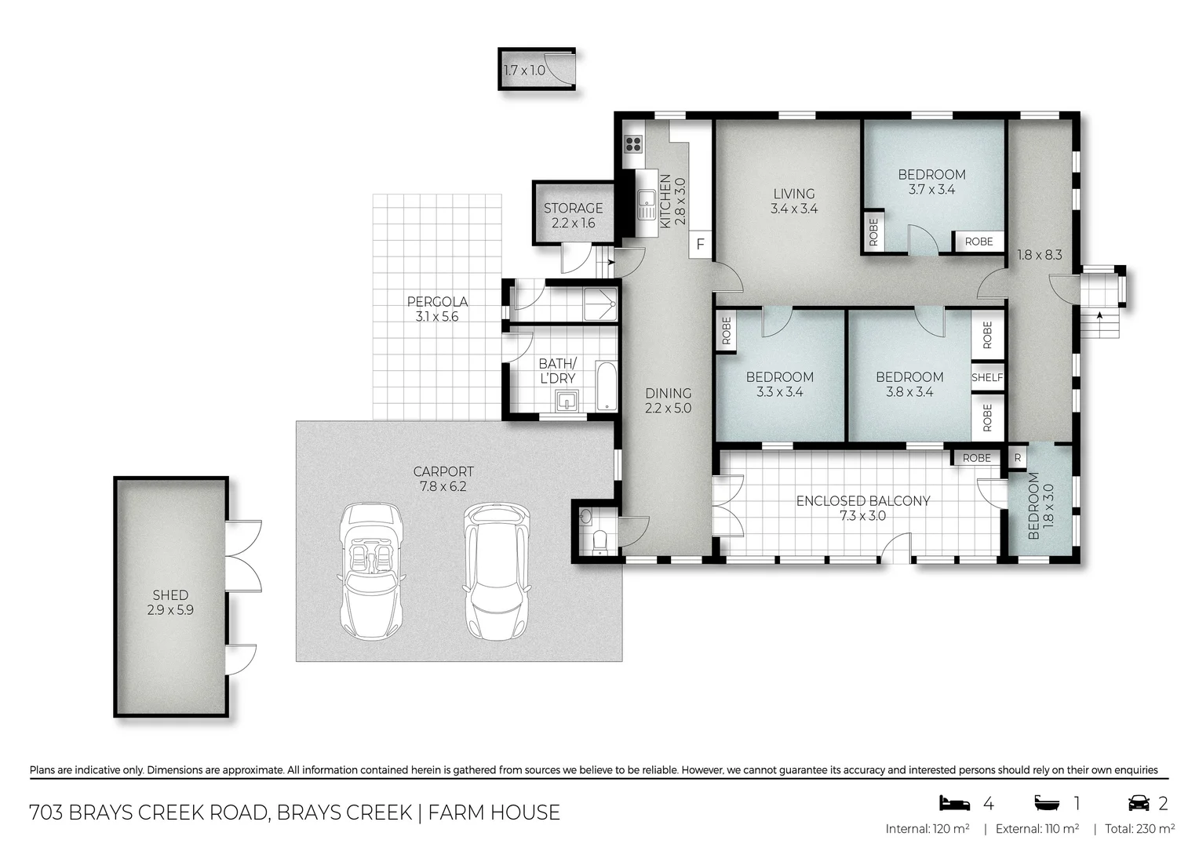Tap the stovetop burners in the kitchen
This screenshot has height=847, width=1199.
point(633,144)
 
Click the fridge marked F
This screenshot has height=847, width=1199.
point(700,245)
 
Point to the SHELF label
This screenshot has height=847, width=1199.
point(987,377)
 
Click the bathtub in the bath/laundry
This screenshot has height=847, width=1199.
point(607,386)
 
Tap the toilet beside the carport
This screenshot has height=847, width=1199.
point(600,540)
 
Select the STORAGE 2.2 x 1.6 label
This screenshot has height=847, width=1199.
point(573,215)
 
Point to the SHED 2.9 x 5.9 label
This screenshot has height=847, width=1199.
point(170,602)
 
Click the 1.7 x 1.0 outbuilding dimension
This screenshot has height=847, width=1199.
point(524,71)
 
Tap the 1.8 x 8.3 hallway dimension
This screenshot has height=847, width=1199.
point(1039,255)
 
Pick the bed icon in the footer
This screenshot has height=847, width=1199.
point(955,803)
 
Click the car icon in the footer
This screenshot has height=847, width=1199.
point(1138,803)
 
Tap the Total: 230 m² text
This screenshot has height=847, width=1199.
point(1139,829)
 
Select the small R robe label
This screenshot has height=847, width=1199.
point(1017,458)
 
